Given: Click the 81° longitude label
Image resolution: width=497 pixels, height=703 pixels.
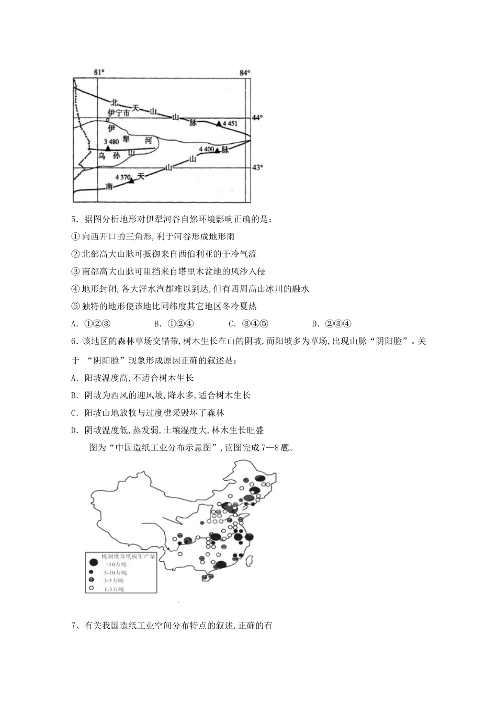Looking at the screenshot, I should tap(98, 72).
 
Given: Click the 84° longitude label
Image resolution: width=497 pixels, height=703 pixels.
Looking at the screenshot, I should tap(245, 72).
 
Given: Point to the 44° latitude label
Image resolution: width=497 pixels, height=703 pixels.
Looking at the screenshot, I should tap(257, 118).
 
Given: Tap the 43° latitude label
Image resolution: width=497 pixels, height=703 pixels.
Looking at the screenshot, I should tap(257, 167).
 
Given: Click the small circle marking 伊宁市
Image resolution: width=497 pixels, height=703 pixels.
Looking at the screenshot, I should tap(108, 119).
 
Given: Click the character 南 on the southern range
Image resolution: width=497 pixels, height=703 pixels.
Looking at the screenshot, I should tap(109, 186).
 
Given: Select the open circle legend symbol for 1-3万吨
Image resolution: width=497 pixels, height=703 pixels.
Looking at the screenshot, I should tap(91, 588).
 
